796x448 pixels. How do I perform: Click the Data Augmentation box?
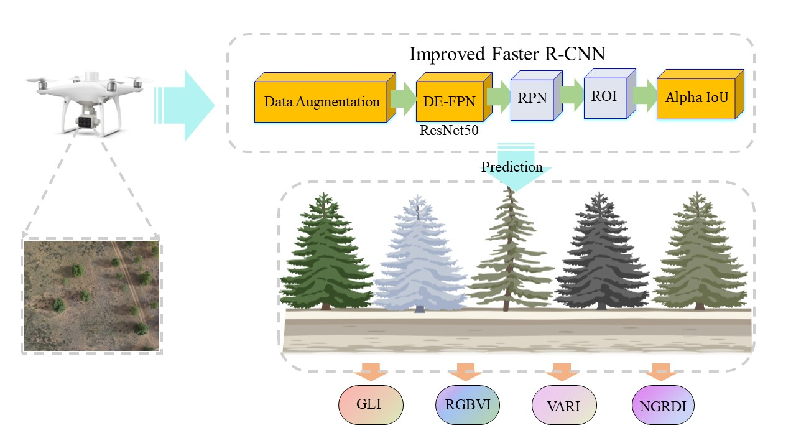point(322,101)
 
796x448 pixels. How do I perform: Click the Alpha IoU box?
point(696,98)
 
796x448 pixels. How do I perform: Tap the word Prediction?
point(512,167)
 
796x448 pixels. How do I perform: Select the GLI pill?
point(371,405)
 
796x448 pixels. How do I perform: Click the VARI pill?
point(565,407)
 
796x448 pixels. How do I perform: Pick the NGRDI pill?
point(662,408)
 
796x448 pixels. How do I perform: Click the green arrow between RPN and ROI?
point(571,94)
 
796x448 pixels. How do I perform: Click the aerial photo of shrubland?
point(92,296)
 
